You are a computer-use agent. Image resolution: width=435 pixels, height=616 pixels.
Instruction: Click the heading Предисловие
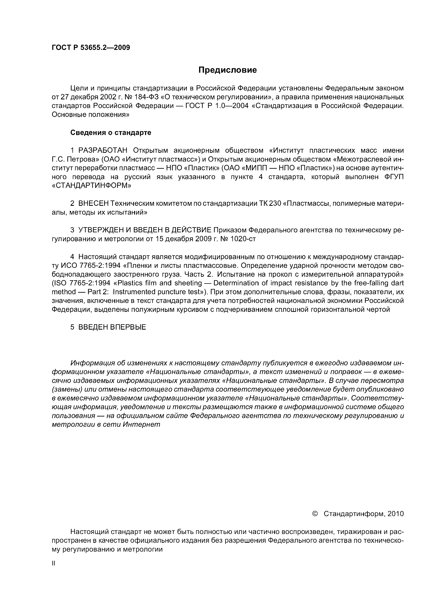227,70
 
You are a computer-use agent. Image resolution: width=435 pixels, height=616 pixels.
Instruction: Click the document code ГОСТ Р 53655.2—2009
91,47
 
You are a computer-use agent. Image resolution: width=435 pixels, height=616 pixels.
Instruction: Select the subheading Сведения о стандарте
111,133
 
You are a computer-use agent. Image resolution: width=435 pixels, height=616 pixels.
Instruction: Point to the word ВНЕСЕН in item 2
93,204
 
